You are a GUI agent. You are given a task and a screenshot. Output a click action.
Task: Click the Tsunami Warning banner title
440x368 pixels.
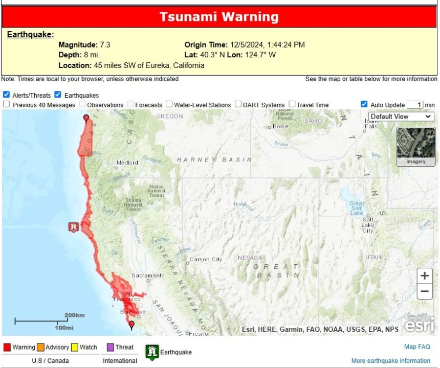click(x=219, y=17)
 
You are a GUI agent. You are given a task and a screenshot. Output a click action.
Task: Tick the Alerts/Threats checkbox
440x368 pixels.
click(x=6, y=95)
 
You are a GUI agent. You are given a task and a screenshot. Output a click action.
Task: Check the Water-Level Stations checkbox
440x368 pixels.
click(x=169, y=104)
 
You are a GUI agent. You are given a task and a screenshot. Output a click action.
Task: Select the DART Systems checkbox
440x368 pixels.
click(x=238, y=104)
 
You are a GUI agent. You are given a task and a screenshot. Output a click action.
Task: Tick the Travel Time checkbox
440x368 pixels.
click(x=292, y=104)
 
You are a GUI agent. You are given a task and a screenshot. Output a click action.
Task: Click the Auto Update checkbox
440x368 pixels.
click(x=364, y=104)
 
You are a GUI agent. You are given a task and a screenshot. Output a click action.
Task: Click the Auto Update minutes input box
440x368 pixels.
click(x=415, y=105)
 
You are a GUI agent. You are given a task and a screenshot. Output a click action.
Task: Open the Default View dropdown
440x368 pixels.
click(x=401, y=117)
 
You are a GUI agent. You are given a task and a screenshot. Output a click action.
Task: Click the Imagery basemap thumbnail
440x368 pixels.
click(x=415, y=146)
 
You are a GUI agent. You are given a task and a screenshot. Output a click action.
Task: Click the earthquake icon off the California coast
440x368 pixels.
click(x=74, y=226)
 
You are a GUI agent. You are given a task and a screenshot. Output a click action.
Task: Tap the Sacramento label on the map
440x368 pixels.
click(x=148, y=275)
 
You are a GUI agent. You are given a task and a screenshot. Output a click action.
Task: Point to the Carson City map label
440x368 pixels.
click(x=207, y=260)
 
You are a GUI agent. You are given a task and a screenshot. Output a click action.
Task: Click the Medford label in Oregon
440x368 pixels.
click(x=127, y=163)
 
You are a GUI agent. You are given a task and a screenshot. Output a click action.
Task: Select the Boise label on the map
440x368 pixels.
click(x=280, y=126)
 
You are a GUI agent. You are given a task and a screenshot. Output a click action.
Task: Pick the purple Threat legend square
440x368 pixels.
click(x=109, y=348)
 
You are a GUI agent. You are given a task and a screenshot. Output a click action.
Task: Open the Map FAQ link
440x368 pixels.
click(x=417, y=347)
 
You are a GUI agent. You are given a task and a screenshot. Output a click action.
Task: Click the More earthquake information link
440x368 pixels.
click(x=391, y=361)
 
